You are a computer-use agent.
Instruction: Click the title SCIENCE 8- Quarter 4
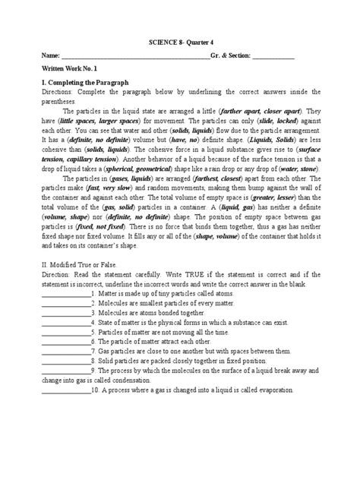pyautogui.click(x=179, y=43)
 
